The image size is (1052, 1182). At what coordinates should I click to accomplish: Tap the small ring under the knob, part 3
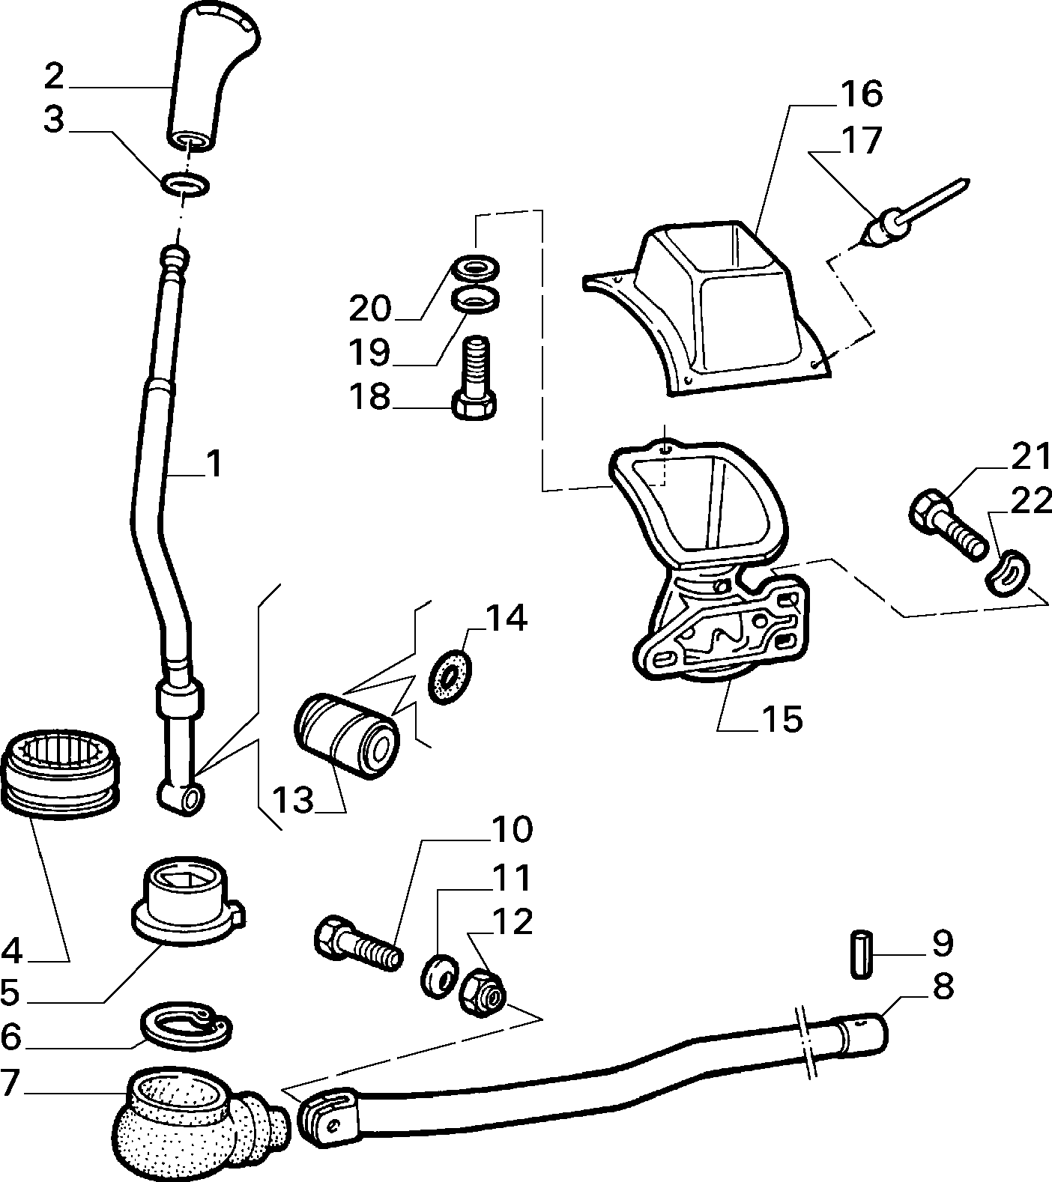(185, 184)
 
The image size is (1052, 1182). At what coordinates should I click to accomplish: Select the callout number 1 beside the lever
(214, 464)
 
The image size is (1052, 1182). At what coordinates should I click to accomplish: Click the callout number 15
(782, 719)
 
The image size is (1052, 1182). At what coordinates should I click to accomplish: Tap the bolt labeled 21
(948, 524)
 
